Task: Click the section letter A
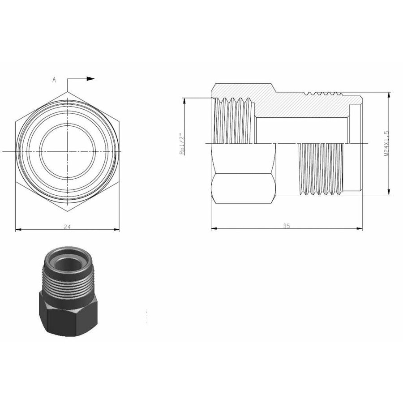point(54,80)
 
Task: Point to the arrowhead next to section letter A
point(91,79)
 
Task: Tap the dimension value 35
point(287,226)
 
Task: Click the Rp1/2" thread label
point(182,143)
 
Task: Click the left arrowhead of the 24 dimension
point(18,230)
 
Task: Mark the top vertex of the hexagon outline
point(68,92)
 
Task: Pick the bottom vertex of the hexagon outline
point(68,210)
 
